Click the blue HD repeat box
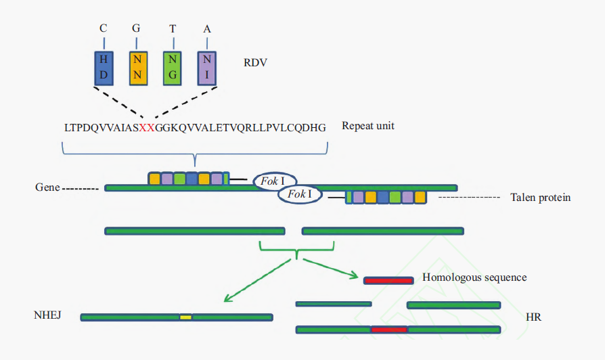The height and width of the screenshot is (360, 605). point(104,68)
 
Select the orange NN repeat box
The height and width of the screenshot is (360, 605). point(138,68)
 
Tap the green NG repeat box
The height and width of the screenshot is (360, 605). point(173,68)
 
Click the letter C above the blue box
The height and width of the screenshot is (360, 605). point(104,28)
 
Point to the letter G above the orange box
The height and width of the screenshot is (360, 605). point(138,28)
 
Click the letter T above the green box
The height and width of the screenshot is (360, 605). point(173,28)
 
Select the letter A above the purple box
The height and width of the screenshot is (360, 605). point(207,28)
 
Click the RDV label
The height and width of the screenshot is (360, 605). point(256,63)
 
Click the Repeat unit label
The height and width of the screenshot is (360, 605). point(368,126)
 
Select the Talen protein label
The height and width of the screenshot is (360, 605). point(541,198)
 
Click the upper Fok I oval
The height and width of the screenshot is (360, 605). point(274,181)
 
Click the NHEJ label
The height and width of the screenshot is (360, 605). point(47,315)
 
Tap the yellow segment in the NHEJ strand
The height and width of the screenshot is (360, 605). point(185,317)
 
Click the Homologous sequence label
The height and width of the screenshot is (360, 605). point(474,277)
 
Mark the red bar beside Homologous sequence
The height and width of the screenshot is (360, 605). point(388,279)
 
